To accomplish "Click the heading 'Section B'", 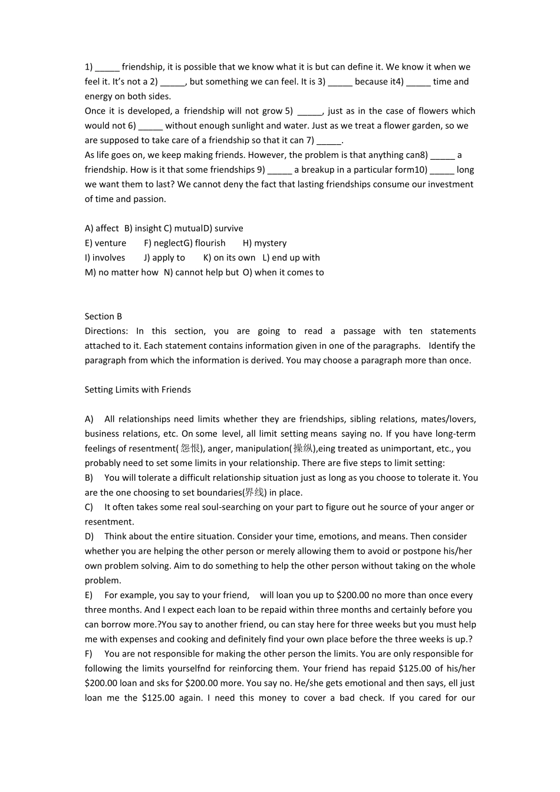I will [x=103, y=316].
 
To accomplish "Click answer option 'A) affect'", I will [x=101, y=229].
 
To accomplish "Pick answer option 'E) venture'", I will [x=105, y=243].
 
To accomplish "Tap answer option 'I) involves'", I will [x=105, y=258].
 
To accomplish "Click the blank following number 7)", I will [x=329, y=141].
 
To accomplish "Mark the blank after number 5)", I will [x=309, y=111].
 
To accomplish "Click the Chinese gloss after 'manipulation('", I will [x=303, y=448].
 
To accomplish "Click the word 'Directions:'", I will [x=106, y=331].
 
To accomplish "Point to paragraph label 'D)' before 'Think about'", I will [x=89, y=537].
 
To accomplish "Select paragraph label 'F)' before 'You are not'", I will [x=88, y=654].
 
